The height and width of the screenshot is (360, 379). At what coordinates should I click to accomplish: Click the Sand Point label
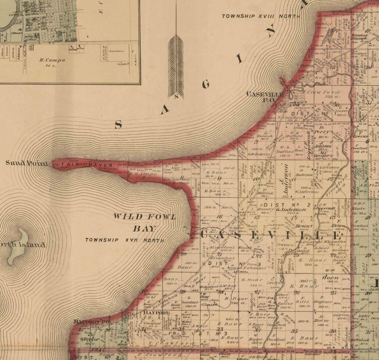(x=27, y=163)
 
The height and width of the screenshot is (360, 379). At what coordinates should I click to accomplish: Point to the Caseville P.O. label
(x=265, y=97)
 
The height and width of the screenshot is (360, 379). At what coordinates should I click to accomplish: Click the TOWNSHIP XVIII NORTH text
(x=261, y=16)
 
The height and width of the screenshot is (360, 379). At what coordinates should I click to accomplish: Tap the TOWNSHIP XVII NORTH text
(x=125, y=240)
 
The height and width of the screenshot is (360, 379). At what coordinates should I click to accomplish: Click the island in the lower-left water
(x=17, y=246)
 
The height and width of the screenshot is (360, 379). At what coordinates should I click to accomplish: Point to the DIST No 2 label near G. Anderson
(x=288, y=205)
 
